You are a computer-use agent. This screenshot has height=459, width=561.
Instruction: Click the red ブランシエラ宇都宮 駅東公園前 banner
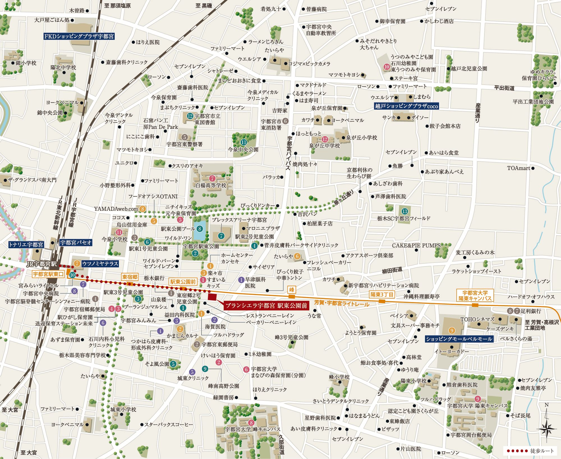click(266, 305)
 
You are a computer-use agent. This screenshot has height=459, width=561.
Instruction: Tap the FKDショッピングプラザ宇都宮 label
click(79, 36)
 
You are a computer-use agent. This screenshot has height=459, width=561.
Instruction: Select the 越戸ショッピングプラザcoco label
click(406, 106)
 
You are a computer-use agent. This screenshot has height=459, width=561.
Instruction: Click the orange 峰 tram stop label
click(292, 290)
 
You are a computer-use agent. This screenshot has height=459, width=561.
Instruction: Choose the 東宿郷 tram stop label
click(130, 277)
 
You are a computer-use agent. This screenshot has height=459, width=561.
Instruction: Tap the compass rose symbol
click(546, 429)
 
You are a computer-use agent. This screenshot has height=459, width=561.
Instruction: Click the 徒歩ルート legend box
click(530, 451)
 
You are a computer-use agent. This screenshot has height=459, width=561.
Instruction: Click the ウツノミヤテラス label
click(100, 264)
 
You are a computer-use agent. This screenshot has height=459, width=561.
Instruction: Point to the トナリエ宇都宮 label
click(26, 245)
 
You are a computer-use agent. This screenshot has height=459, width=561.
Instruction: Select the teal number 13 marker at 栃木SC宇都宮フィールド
click(404, 211)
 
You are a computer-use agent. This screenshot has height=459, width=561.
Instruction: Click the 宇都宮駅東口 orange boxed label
click(48, 274)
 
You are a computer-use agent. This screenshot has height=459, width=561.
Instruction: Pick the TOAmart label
click(518, 168)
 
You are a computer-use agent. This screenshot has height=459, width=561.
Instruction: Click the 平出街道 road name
click(504, 88)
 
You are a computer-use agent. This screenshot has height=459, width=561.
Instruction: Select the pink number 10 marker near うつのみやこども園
click(387, 67)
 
